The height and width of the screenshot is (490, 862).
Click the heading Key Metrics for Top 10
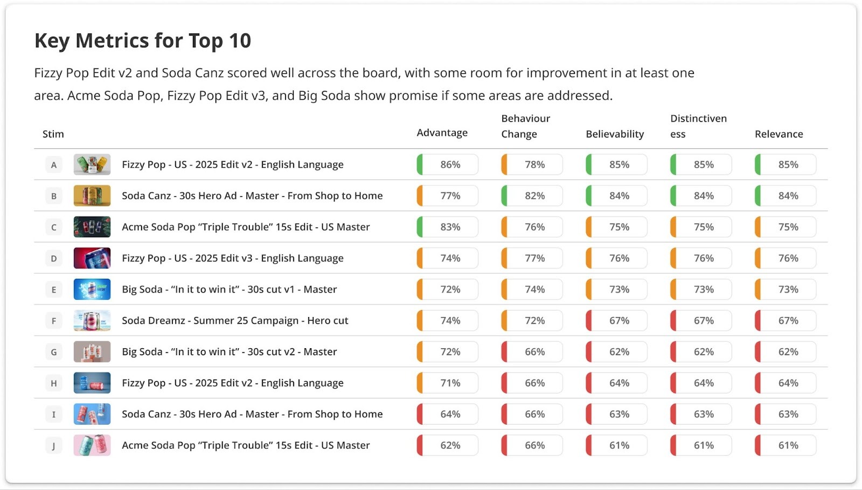click(x=143, y=41)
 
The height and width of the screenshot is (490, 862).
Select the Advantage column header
click(x=442, y=133)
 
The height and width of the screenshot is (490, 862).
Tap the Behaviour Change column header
click(x=525, y=126)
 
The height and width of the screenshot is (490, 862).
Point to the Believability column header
click(x=615, y=134)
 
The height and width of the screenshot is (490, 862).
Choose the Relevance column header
click(x=778, y=134)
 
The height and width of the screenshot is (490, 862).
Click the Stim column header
click(x=53, y=134)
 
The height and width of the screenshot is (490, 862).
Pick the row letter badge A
click(x=54, y=165)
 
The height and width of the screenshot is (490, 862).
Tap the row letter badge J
click(x=54, y=446)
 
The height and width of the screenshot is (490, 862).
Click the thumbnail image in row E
click(x=92, y=289)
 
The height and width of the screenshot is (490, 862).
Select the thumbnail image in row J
click(x=92, y=445)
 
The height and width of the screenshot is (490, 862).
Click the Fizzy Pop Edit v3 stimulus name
click(x=232, y=258)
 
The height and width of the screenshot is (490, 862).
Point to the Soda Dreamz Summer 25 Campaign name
click(x=235, y=321)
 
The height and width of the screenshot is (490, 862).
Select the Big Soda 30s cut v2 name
click(x=229, y=352)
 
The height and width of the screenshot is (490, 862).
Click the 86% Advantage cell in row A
click(x=448, y=165)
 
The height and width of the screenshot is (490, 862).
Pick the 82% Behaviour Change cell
click(x=532, y=196)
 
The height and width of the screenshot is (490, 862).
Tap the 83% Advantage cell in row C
click(x=448, y=227)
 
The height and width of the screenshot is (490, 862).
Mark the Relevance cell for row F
click(x=785, y=321)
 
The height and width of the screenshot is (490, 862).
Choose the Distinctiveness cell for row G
click(x=701, y=352)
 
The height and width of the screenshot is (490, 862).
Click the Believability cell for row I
click(x=617, y=415)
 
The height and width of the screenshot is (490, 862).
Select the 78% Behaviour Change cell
click(x=532, y=165)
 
